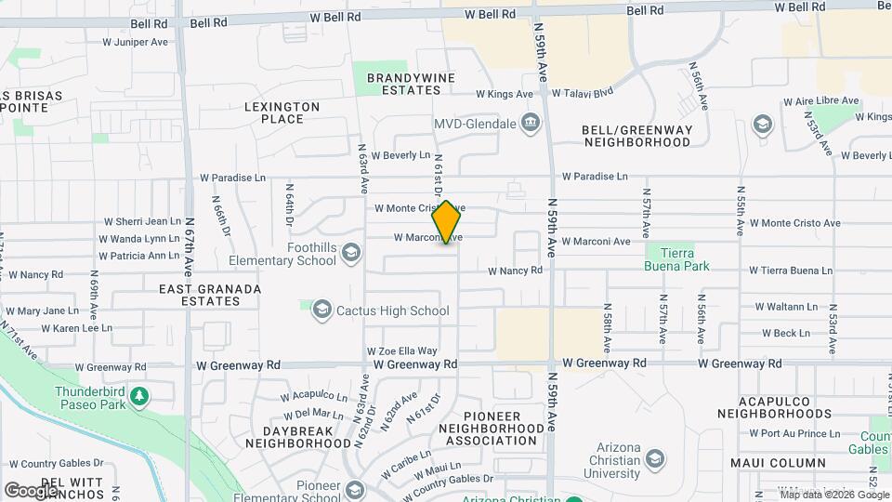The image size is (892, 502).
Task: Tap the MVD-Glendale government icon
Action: [x=531, y=123]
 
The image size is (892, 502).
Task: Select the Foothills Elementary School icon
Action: [x=351, y=252]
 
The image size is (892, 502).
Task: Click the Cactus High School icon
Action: [x=321, y=310]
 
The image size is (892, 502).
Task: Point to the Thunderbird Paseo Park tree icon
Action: [x=139, y=397]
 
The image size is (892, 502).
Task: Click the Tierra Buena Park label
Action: [x=677, y=259]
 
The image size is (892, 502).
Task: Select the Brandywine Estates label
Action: [x=403, y=84]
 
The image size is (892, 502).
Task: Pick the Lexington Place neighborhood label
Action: [x=282, y=112]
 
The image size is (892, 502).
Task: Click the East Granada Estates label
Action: [x=209, y=295]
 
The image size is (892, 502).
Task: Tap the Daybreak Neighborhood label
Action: [x=294, y=437]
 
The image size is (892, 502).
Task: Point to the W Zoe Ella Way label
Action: [x=402, y=350]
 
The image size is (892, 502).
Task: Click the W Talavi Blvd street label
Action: [x=583, y=93]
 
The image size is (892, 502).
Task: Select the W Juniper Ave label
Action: [x=135, y=42]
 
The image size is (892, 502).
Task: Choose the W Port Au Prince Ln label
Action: [x=794, y=432]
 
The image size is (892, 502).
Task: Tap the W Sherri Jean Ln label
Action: [x=142, y=221]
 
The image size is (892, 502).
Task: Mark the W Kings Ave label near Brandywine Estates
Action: [x=505, y=94]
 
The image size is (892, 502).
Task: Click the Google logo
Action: [x=32, y=490]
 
